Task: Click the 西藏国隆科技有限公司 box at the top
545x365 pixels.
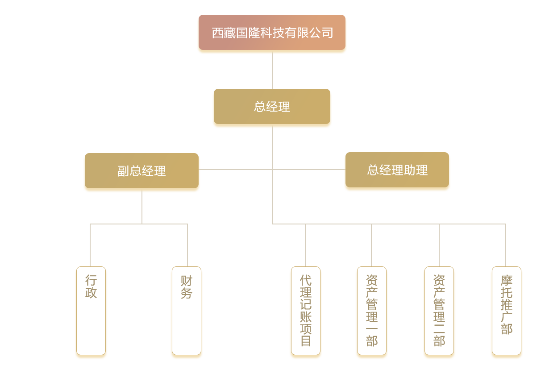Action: (272, 33)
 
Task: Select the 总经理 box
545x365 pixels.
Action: (272, 106)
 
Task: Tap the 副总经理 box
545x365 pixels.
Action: (141, 170)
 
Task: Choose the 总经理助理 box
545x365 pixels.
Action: (397, 170)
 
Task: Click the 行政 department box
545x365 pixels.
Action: (91, 311)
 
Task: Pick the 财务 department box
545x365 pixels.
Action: (187, 311)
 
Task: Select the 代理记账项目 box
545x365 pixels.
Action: (306, 311)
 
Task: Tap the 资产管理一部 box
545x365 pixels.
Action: (372, 311)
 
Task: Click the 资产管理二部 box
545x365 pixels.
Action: (439, 311)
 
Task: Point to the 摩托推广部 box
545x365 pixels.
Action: (507, 311)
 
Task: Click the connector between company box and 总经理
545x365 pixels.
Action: (272, 71)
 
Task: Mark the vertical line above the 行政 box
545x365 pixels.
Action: (90, 245)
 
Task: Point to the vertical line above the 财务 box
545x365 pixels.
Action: (187, 245)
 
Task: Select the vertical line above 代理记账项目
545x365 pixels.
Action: (305, 245)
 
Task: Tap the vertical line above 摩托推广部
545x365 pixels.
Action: (505, 245)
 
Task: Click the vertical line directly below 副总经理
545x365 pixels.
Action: (142, 207)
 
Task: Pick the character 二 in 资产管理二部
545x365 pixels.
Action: (439, 329)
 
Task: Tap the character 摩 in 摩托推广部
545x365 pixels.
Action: (507, 281)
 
